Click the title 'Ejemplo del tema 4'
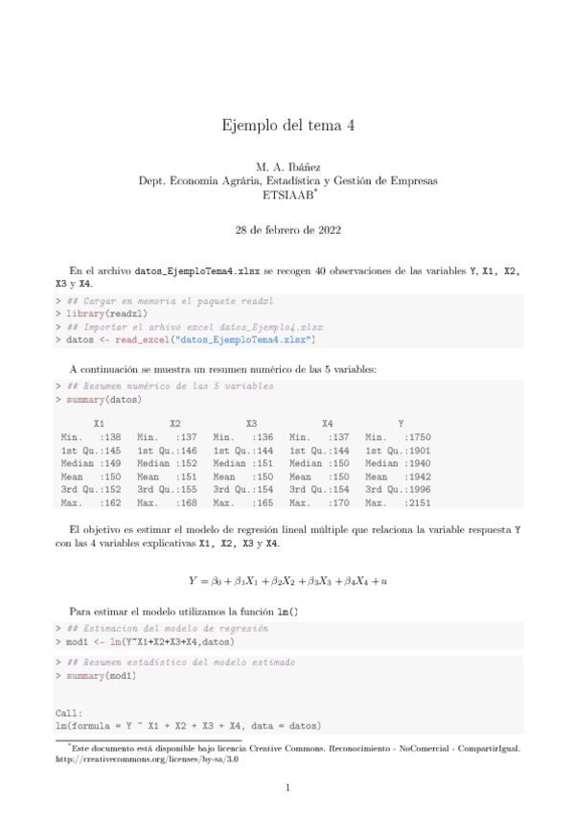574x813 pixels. pos(287,125)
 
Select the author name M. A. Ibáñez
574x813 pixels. pos(287,168)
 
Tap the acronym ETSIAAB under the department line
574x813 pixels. pos(286,194)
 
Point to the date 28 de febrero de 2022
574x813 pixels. pos(287,230)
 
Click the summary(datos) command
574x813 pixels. pos(100,398)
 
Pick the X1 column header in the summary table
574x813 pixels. pos(99,424)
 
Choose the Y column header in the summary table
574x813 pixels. pos(401,424)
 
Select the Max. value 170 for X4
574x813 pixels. pos(342,501)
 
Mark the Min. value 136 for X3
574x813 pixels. pos(265,437)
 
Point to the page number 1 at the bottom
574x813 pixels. pos(287,788)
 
